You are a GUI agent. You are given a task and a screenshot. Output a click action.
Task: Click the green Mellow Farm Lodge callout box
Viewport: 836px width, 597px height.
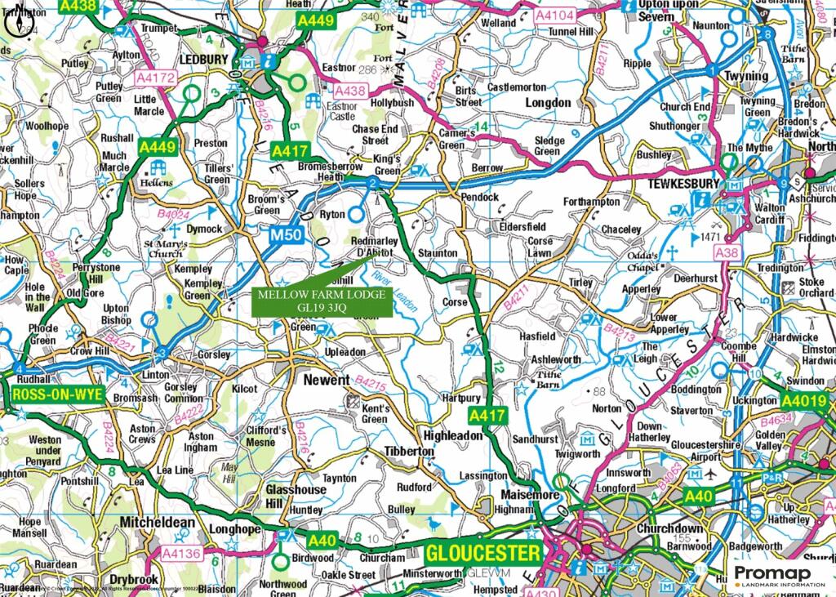[x=323, y=301]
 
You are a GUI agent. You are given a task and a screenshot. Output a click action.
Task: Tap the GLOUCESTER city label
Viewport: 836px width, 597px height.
[x=482, y=553]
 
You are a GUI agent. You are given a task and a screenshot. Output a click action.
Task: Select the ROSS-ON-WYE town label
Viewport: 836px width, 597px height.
[x=57, y=395]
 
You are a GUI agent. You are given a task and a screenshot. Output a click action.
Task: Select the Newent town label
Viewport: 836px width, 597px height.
[x=326, y=381]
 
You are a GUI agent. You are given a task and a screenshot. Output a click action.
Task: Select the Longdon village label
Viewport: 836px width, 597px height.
[x=548, y=103]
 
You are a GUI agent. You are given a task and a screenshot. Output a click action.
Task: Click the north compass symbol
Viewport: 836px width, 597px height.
[x=20, y=22]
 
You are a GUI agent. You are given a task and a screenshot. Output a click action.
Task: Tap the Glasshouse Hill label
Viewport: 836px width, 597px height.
[x=296, y=497]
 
